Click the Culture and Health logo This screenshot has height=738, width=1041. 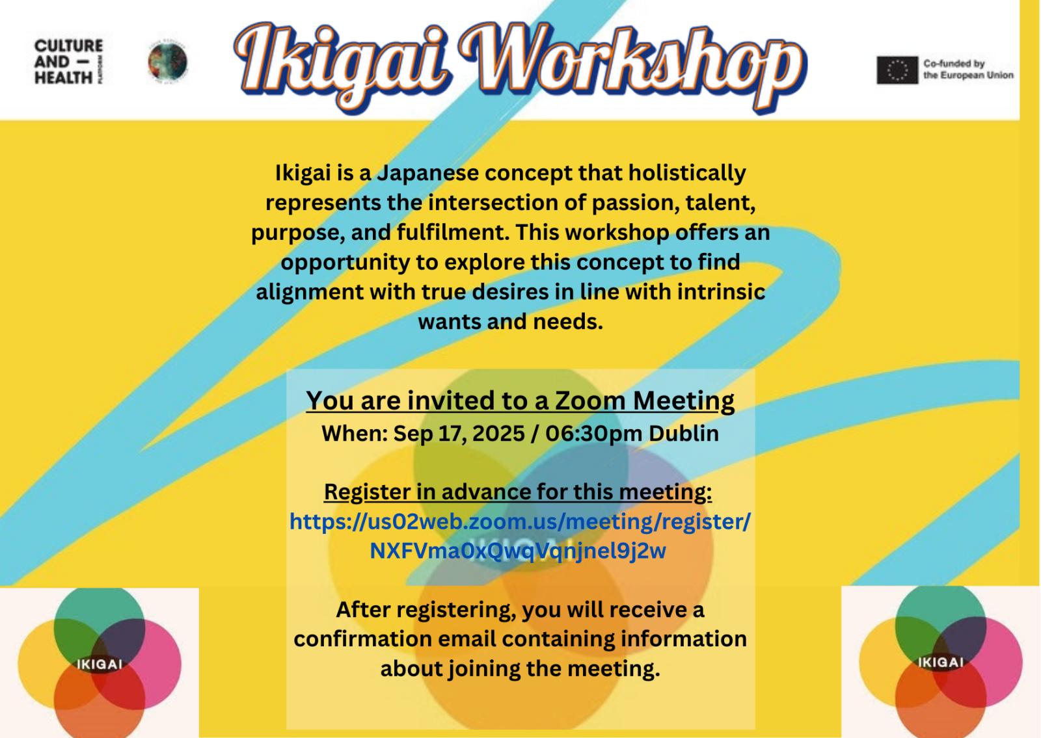pos(69,62)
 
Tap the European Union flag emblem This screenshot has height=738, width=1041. pos(897,70)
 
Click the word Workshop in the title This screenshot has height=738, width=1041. pos(632,66)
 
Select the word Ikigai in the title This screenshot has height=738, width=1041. pos(342,66)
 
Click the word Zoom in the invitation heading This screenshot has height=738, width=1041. pos(590,401)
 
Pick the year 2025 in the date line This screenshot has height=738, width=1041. pos(498,433)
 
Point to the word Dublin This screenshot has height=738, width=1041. pos(684,433)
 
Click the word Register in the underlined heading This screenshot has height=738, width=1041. pos(367,492)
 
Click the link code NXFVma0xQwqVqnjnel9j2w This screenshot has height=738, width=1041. pos(518,551)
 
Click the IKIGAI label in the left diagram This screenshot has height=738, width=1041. pos(100,664)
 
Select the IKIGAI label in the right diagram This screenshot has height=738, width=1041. pos(941,663)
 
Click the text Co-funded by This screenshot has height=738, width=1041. pos(954,64)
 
